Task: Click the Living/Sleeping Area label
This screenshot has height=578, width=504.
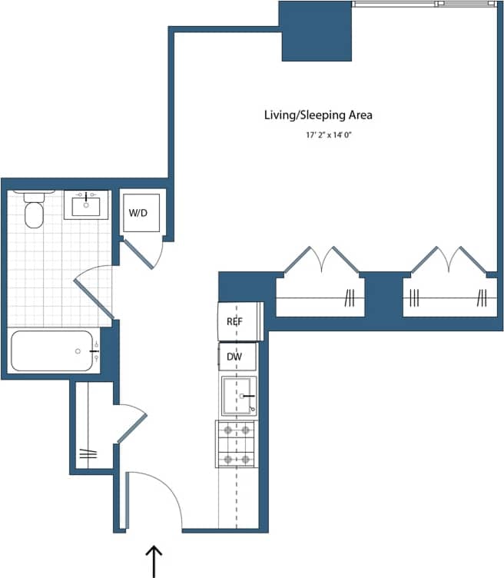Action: click(318, 115)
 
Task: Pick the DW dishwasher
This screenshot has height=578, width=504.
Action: click(235, 357)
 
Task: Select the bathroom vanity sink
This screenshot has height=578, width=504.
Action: click(85, 204)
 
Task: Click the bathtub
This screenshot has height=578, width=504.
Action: click(52, 351)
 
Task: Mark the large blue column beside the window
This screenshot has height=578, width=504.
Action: click(316, 32)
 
